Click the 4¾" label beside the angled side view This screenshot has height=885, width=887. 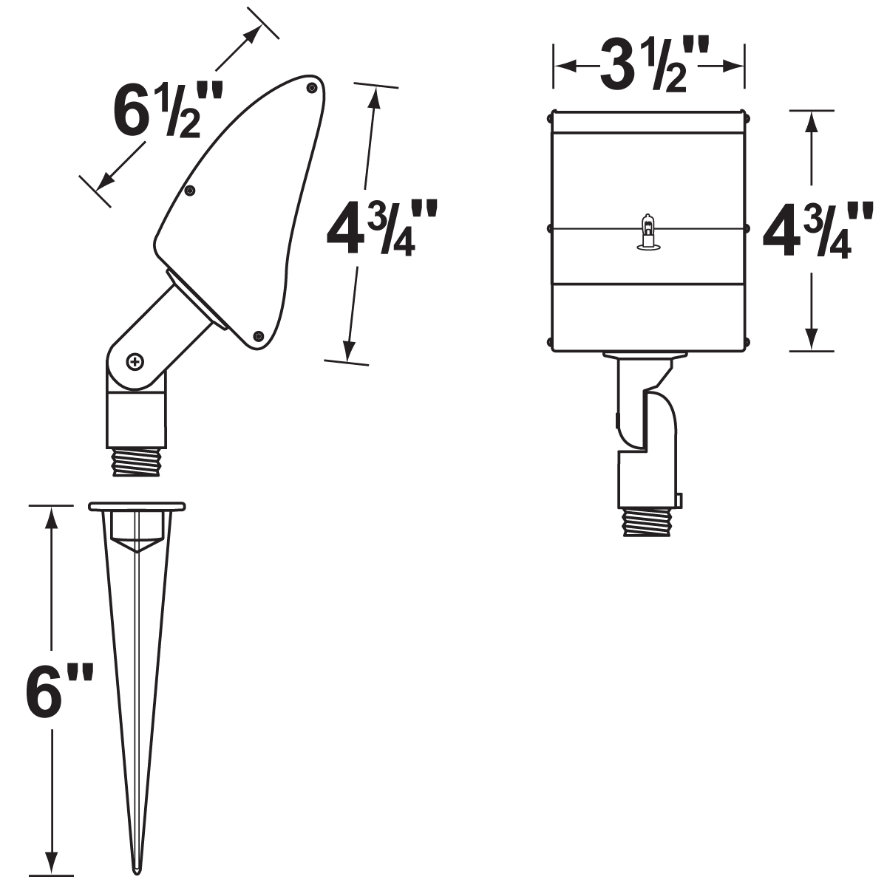point(380,228)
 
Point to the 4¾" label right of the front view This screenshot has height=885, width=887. point(816,230)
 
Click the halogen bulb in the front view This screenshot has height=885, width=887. point(648,231)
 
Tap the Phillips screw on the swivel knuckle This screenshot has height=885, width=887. point(135,362)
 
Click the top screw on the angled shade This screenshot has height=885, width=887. point(313,87)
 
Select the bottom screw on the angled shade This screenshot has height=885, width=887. point(259,336)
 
